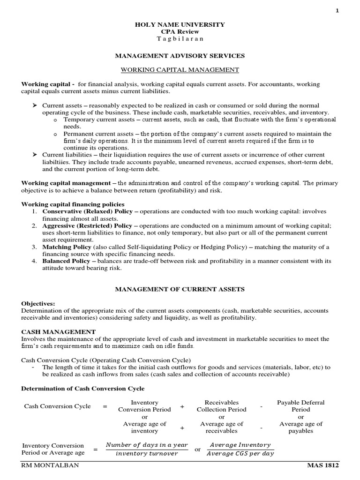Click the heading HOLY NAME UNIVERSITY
pos(180,24)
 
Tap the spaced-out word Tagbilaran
pos(180,38)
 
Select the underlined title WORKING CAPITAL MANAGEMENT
pos(180,70)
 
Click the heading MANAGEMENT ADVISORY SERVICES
pos(180,55)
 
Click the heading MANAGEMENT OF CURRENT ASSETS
pos(180,290)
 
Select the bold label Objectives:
pos(38,304)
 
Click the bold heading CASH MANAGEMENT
pos(59,331)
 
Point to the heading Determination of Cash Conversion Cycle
pos(83,389)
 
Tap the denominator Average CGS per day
pos(240,453)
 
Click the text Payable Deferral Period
pos(300,406)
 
